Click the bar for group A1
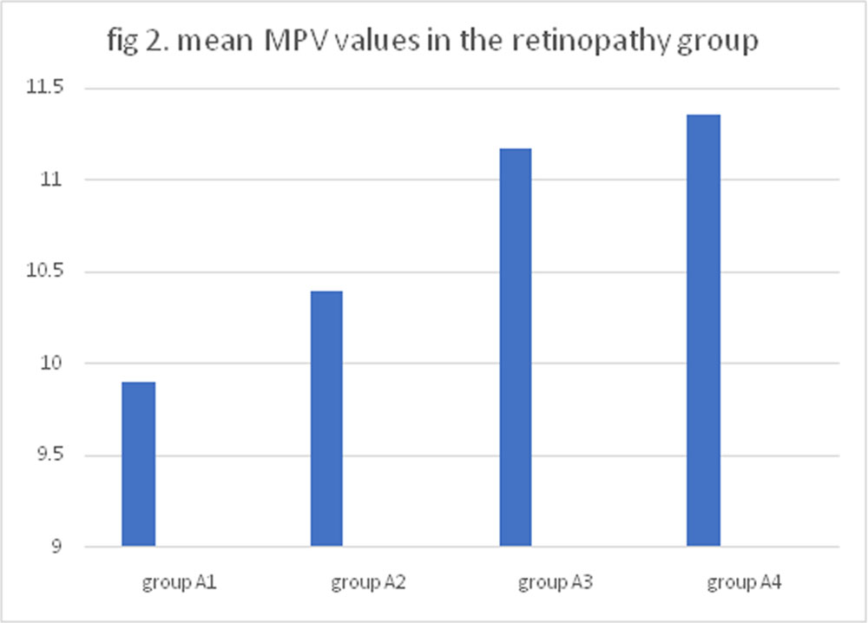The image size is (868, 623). pyautogui.click(x=138, y=464)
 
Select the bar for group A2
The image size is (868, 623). pyautogui.click(x=326, y=419)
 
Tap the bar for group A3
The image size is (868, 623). pyautogui.click(x=516, y=347)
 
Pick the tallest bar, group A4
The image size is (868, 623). pyautogui.click(x=704, y=331)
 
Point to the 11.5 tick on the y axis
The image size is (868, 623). pyautogui.click(x=45, y=87)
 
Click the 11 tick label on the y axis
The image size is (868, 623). pyautogui.click(x=52, y=180)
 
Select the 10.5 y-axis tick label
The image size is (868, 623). pyautogui.click(x=45, y=271)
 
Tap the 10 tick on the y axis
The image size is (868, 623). pyautogui.click(x=52, y=363)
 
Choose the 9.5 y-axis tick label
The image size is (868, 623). pyautogui.click(x=50, y=455)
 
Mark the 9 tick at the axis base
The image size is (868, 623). pyautogui.click(x=57, y=547)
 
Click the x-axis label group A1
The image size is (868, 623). pyautogui.click(x=179, y=582)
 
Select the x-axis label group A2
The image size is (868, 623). pyautogui.click(x=368, y=582)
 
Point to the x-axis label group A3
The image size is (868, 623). pyautogui.click(x=556, y=582)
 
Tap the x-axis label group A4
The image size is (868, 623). pyautogui.click(x=744, y=582)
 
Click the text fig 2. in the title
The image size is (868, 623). pyautogui.click(x=138, y=42)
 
